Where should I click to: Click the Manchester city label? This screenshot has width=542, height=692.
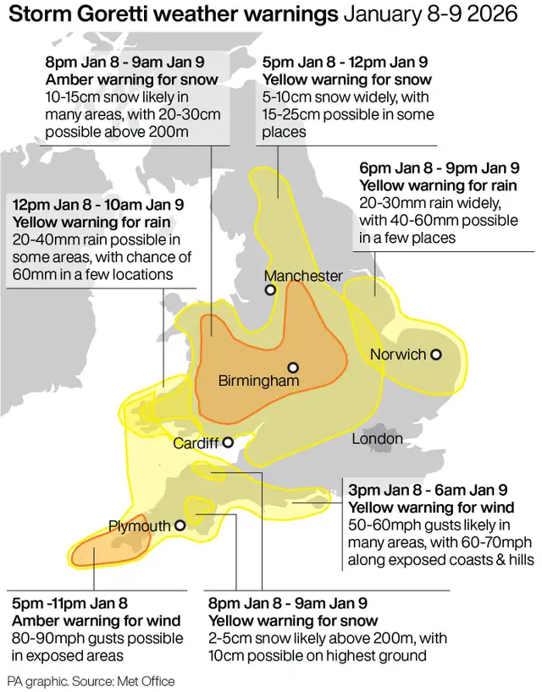point(303,276)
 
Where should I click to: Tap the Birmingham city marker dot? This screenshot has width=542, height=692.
point(293,368)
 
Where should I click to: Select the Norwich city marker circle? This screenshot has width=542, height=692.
point(436,354)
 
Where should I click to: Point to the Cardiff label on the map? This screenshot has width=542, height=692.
point(196,443)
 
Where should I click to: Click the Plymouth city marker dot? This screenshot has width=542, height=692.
point(180,526)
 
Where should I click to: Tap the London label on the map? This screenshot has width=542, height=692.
point(378,439)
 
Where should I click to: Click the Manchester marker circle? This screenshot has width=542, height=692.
point(270,290)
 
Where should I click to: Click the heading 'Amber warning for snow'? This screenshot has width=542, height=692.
point(133,80)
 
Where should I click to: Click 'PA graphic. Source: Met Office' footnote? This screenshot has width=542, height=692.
point(91,680)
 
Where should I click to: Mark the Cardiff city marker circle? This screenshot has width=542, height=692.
point(228,442)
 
